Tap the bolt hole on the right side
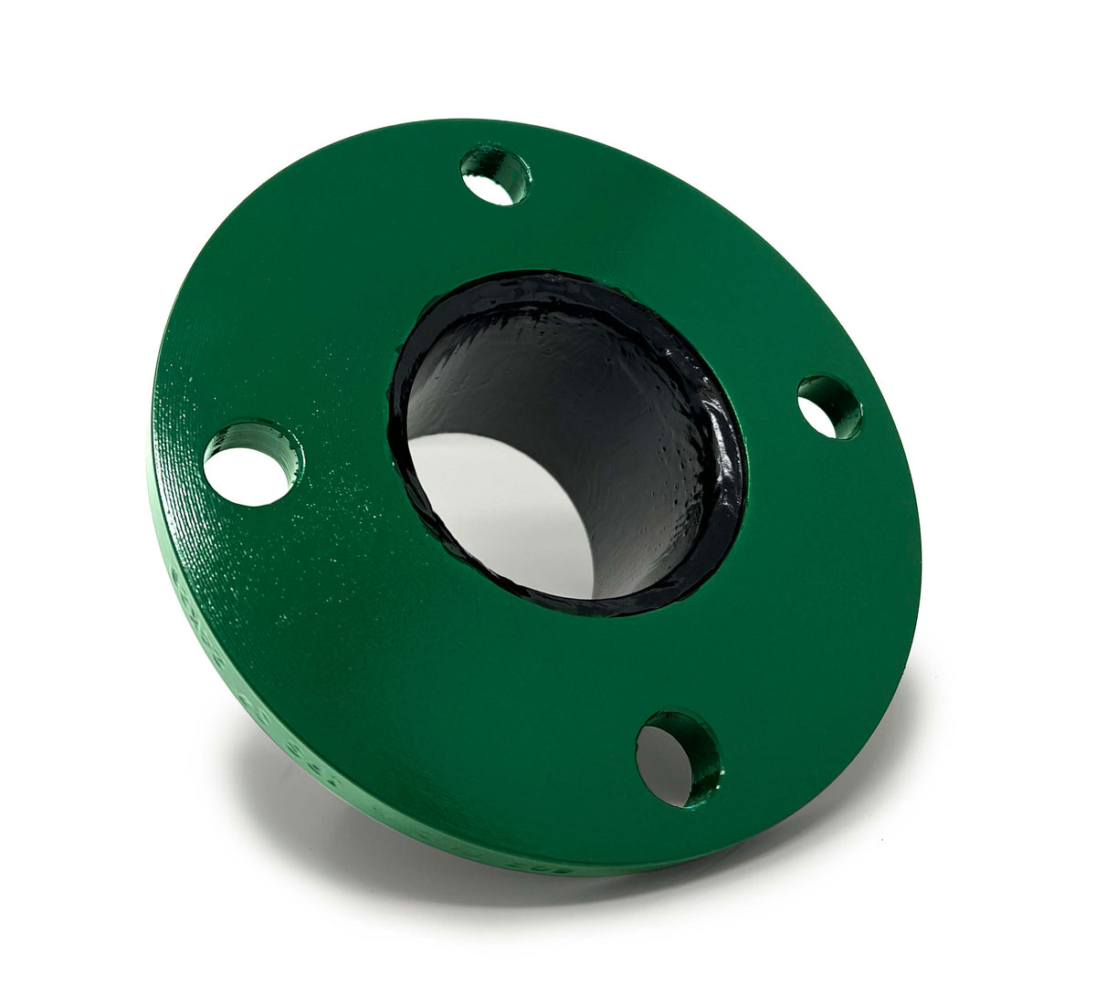tap(827, 407)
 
